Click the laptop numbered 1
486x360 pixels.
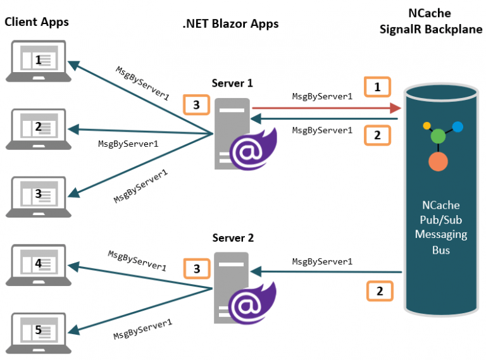(x=39, y=61)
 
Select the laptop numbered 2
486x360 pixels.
(x=39, y=129)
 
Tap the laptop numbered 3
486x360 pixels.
(x=39, y=197)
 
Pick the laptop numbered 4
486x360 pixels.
(x=39, y=265)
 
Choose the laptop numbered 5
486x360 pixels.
(x=39, y=333)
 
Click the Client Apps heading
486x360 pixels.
(x=37, y=22)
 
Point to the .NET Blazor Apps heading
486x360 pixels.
(x=230, y=24)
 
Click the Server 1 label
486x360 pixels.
(x=232, y=83)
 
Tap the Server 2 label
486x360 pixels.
(x=233, y=238)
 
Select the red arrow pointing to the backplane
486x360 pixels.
(x=327, y=108)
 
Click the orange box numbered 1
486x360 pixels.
(x=377, y=87)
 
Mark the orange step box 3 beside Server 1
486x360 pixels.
(x=197, y=105)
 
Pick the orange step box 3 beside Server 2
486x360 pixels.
(x=197, y=269)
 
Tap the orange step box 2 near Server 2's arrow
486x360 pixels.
(x=380, y=291)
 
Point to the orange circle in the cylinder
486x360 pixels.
(x=438, y=161)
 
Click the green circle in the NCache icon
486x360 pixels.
(x=438, y=136)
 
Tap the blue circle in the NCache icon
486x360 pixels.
(x=458, y=127)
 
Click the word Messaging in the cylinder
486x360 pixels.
(x=441, y=235)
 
